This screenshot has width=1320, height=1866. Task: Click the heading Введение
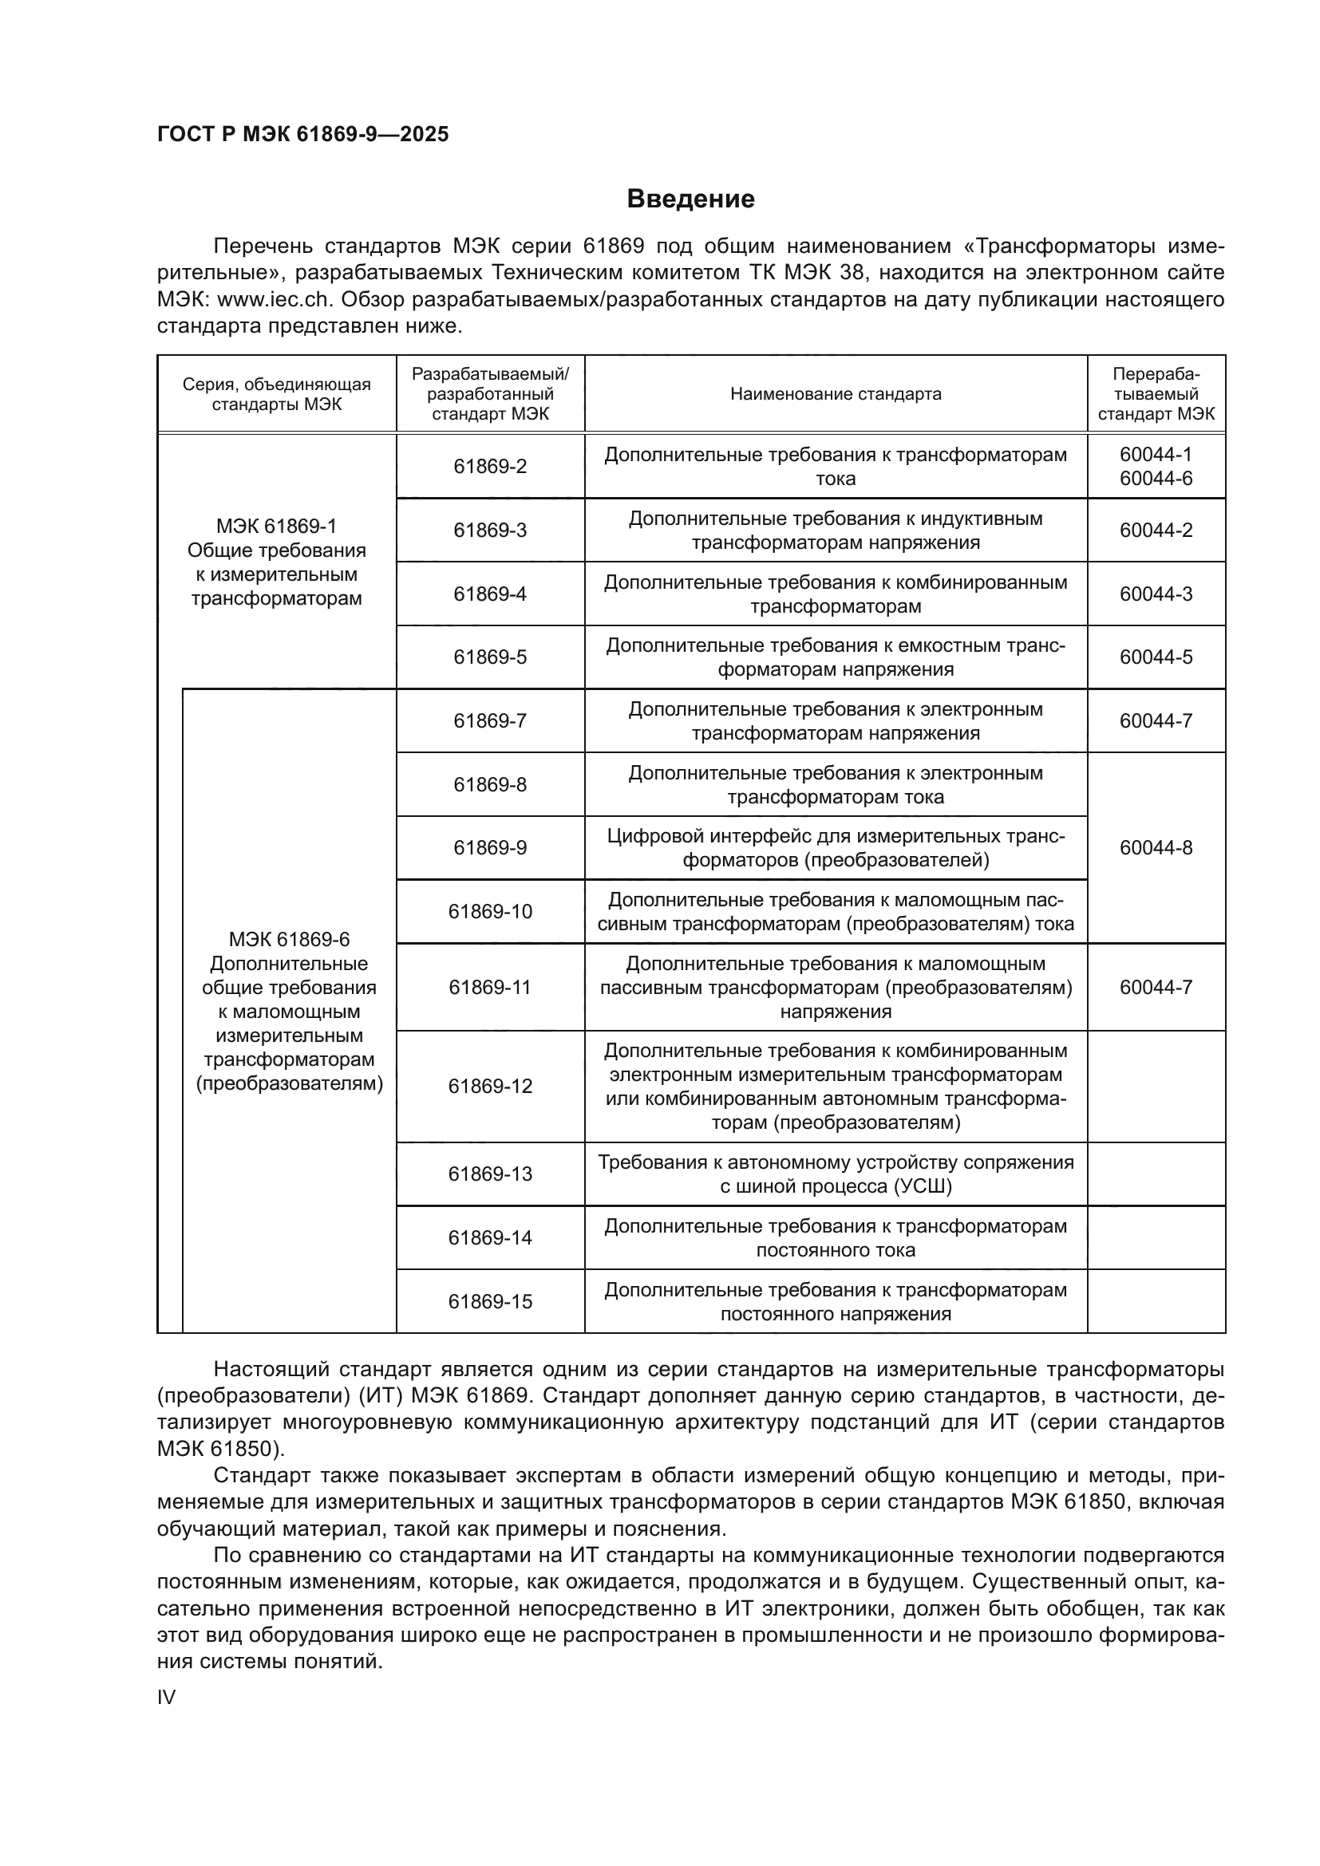click(x=690, y=199)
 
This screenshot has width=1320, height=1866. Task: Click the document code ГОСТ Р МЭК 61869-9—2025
click(x=302, y=135)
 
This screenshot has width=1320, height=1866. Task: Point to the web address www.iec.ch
click(x=275, y=300)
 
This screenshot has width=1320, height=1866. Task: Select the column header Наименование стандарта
click(x=836, y=394)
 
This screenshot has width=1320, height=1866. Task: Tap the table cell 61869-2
click(x=490, y=467)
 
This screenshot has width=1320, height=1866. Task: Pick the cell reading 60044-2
click(x=1156, y=531)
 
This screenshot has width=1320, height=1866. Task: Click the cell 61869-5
click(x=490, y=657)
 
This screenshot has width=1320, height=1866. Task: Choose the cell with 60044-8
click(x=1156, y=848)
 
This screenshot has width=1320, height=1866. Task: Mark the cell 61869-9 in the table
click(x=490, y=848)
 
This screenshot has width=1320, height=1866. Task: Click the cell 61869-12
click(x=490, y=1086)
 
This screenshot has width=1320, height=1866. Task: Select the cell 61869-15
click(x=490, y=1301)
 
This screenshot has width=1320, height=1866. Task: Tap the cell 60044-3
click(x=1156, y=594)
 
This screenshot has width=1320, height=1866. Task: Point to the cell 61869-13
click(x=490, y=1174)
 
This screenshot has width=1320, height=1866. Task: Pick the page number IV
click(x=166, y=1697)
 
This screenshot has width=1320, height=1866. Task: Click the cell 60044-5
click(x=1156, y=657)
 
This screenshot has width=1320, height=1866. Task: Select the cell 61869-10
click(x=490, y=911)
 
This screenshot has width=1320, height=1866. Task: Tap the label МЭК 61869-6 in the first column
click(x=289, y=940)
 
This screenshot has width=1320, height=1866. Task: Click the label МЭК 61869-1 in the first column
click(x=276, y=527)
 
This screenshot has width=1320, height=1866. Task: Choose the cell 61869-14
click(x=490, y=1238)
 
